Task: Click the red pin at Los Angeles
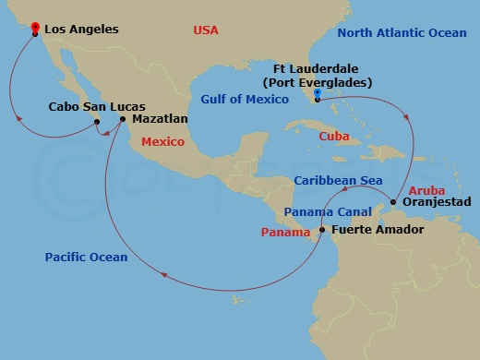coord(34,28)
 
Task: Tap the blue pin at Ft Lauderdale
coord(317,93)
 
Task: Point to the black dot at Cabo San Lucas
coord(96,119)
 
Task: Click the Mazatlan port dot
coord(123,118)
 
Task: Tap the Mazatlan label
coord(160,119)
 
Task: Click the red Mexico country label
coord(162,142)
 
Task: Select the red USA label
coord(205,30)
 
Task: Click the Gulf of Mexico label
coord(241,97)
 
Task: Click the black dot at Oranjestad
coord(394,201)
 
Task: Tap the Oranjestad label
coord(437,201)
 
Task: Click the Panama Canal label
coord(320,211)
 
